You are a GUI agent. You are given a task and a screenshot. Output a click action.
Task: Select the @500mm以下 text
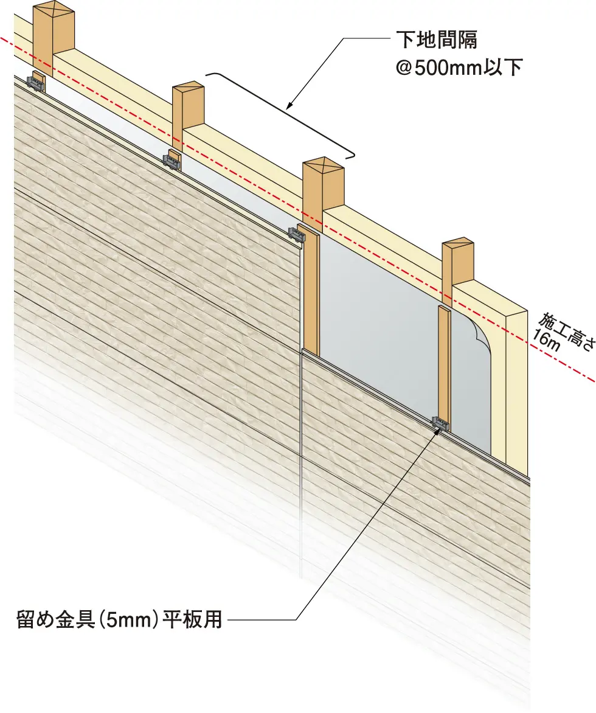pos(459,67)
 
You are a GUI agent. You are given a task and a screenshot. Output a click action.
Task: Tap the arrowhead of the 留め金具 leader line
pos(440,428)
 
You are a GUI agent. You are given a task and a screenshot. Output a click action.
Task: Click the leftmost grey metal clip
pos(36,82)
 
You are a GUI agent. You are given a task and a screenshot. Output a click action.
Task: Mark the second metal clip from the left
pos(172,159)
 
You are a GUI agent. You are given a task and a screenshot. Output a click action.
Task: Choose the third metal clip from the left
pos(297,234)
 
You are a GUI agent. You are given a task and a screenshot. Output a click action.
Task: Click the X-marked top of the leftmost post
pos(54,10)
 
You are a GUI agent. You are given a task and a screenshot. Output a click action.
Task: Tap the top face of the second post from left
pos(188,89)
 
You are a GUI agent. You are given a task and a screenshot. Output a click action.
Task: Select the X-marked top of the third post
pos(323,165)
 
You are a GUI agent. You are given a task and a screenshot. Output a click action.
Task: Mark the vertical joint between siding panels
pos(302,462)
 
